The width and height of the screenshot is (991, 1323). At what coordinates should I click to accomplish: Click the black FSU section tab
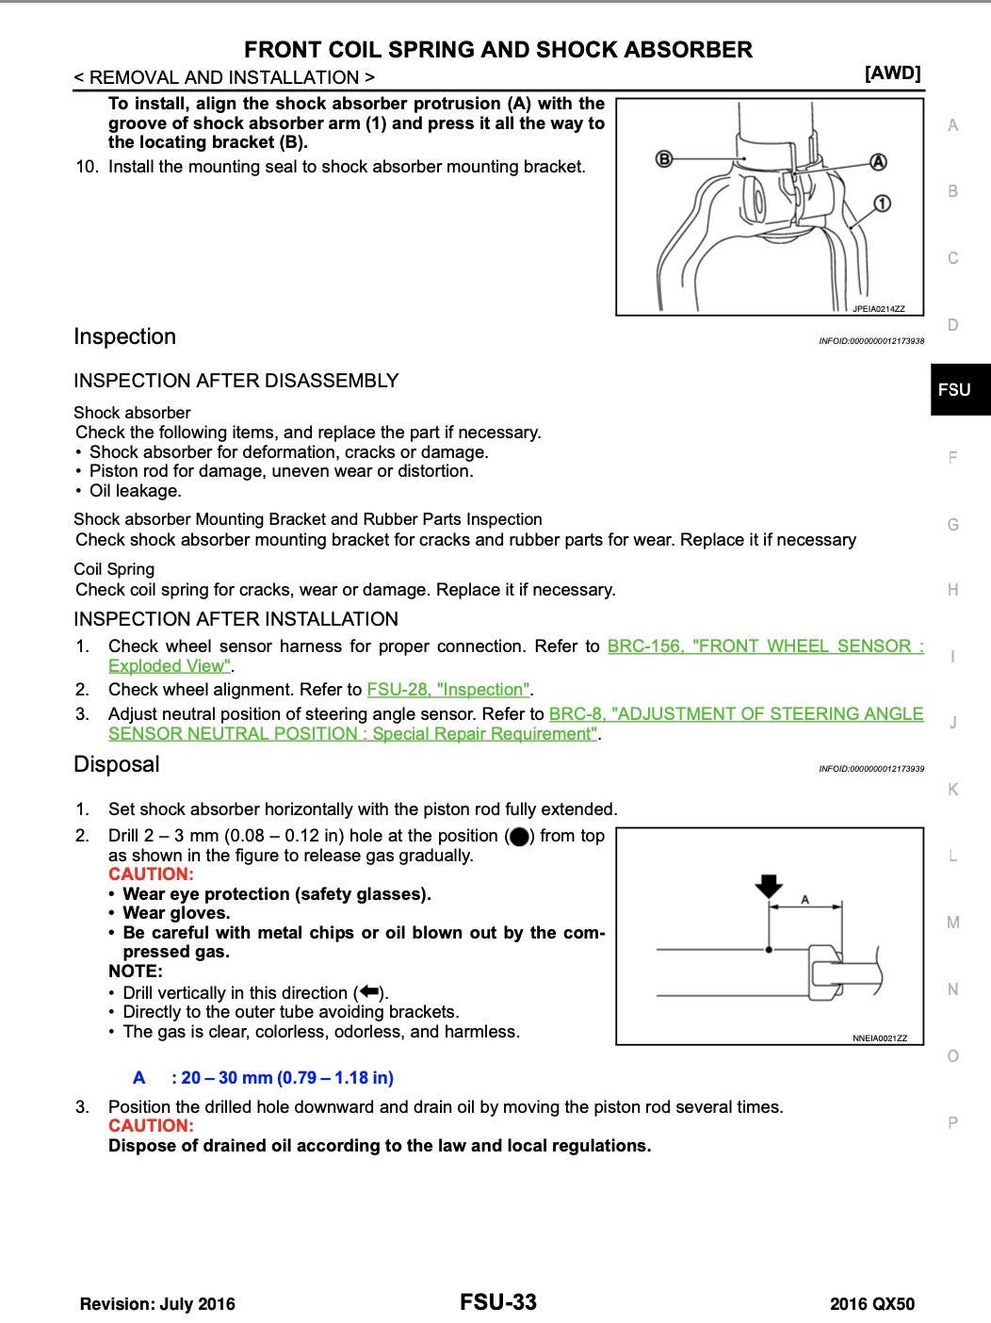pos(954,389)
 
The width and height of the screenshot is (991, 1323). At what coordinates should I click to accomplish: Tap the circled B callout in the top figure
pos(664,158)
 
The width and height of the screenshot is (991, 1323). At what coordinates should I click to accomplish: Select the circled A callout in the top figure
pos(878,161)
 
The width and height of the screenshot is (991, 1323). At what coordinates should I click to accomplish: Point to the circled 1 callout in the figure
pos(882,204)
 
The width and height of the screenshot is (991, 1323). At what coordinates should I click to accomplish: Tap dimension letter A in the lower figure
pos(805,899)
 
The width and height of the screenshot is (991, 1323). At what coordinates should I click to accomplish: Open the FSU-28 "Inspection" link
pos(448,690)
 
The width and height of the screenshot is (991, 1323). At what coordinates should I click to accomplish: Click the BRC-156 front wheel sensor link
pos(765,646)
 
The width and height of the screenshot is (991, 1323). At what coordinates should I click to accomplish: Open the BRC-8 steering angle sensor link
pos(736,714)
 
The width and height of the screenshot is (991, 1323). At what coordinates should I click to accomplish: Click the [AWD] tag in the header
pos(892,73)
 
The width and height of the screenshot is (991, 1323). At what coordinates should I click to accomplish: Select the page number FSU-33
pos(498,1302)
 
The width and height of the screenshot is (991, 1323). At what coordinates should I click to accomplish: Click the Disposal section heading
pos(117,764)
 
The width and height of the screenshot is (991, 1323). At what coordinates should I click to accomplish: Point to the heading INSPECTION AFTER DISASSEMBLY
pos(236,381)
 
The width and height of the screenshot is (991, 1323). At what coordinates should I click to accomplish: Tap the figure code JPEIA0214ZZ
pos(878,309)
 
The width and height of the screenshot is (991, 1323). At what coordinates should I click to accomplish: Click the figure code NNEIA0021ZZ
pos(880,1038)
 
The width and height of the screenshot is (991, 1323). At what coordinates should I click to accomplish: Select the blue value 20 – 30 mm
pos(283,1078)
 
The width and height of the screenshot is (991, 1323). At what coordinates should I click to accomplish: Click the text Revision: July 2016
pos(157,1304)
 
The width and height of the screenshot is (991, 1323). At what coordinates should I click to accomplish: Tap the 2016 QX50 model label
pos(871,1304)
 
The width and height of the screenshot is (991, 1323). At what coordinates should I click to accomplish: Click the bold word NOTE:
pos(136,972)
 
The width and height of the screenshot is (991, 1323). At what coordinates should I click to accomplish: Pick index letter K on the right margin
pos(953,790)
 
